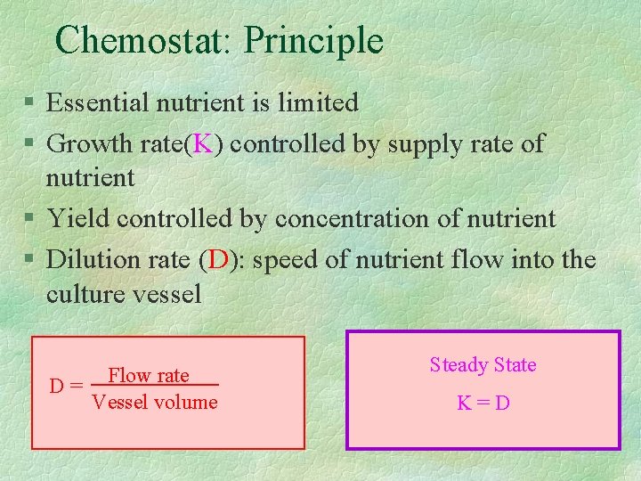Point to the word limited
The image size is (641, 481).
coord(318,102)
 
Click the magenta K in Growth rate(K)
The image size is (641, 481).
coord(203,143)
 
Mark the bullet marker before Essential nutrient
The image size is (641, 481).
coord(30,103)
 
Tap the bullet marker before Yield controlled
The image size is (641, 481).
coord(30,219)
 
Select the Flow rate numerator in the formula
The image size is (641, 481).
coord(149,375)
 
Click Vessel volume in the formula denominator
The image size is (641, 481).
coord(155,403)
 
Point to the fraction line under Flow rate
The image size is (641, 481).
coord(155,385)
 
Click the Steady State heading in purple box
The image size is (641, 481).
coord(483,364)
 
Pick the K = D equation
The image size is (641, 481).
coord(483,403)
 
